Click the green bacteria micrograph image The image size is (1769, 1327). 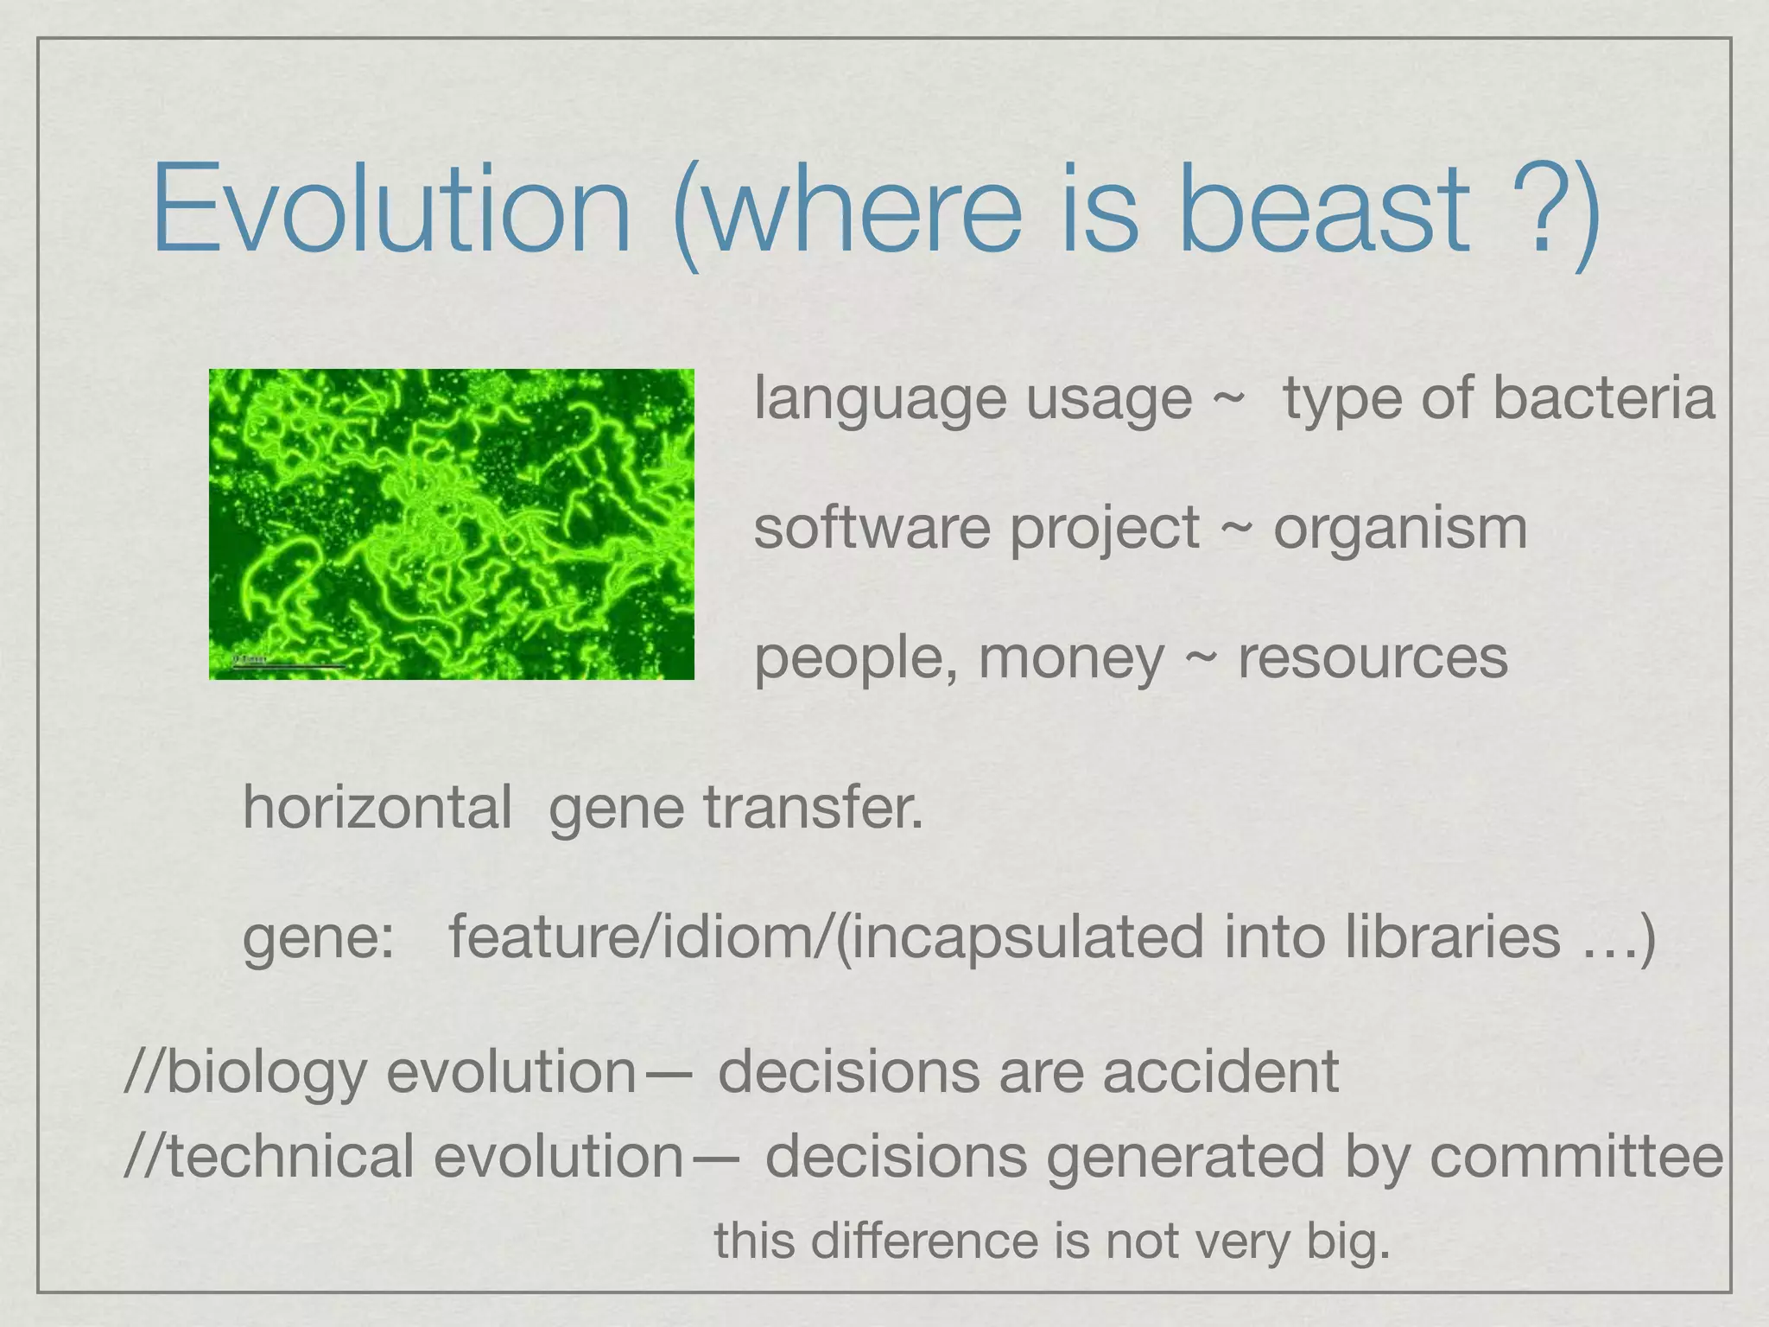[x=451, y=524]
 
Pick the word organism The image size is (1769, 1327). [x=1400, y=529]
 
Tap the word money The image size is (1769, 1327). [x=1071, y=659]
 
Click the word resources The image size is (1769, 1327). [x=1373, y=659]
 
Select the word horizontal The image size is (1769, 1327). [x=377, y=807]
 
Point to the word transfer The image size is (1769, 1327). [x=813, y=807]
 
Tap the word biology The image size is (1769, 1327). [x=265, y=1074]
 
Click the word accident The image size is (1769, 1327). [x=1220, y=1072]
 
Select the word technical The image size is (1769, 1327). [x=290, y=1157]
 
